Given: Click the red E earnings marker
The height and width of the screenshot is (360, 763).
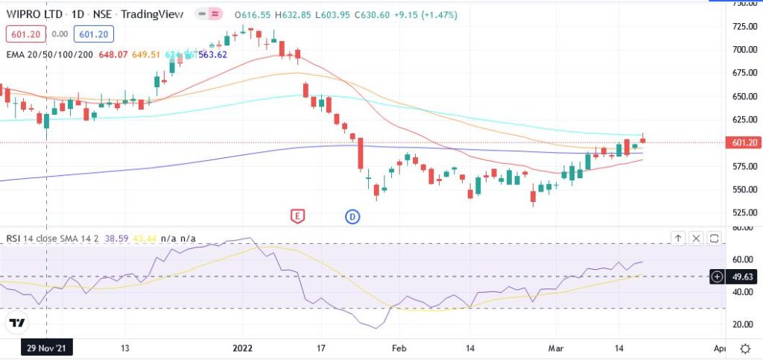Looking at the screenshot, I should coord(297,216).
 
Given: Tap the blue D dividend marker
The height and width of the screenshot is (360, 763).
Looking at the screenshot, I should coord(352,216).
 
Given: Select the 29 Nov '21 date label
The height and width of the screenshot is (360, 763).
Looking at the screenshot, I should coord(47,347).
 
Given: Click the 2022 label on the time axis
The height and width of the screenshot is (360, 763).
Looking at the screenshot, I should coord(244,347).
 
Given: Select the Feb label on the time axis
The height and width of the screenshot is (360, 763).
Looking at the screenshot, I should coord(400,347).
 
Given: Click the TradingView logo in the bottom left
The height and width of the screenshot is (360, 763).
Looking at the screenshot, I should coord(16,323).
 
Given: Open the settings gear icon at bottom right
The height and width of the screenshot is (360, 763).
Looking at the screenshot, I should coord(745,348).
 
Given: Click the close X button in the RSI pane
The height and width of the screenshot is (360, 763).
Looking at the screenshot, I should coord(696,239).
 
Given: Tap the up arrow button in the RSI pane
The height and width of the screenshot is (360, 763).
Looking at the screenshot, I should coord(678,239).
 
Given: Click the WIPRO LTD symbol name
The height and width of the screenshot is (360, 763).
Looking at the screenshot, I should coord(34,15).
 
